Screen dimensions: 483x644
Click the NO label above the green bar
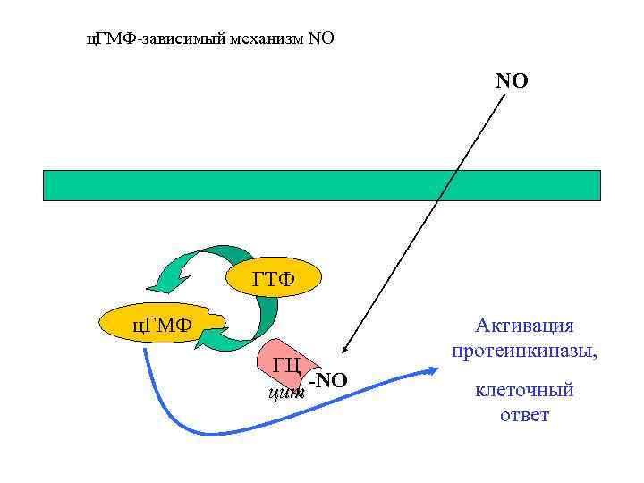512,81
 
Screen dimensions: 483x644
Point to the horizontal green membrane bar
322,184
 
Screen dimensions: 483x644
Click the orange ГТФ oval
273,282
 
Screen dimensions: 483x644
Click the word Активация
525,325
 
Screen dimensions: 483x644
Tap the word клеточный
525,390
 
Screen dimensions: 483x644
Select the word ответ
525,415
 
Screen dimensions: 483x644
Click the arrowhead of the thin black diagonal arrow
344,353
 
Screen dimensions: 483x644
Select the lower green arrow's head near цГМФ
206,341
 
